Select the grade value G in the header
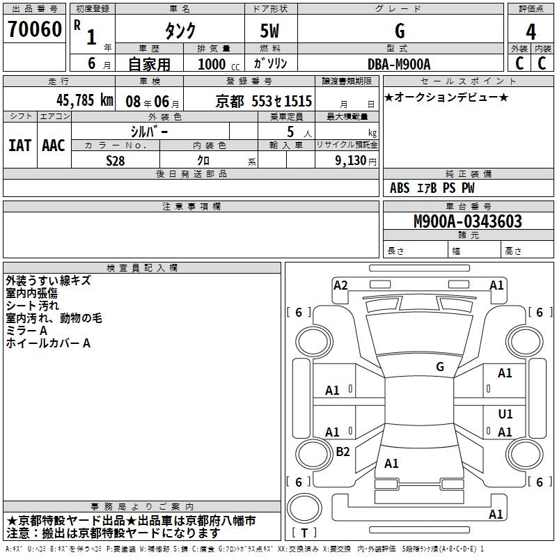coord(399,31)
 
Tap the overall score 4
coord(531,31)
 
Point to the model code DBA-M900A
coord(399,64)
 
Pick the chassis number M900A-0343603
coord(467,222)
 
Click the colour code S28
coord(116,159)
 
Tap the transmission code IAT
coord(20,145)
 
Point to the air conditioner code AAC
coord(53,145)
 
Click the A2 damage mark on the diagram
coord(340,285)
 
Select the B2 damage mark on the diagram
coord(343,452)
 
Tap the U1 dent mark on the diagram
coord(505,414)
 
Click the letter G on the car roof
coord(440,366)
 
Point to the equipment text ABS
coord(400,188)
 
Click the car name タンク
coord(180,31)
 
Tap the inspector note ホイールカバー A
coord(48,343)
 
